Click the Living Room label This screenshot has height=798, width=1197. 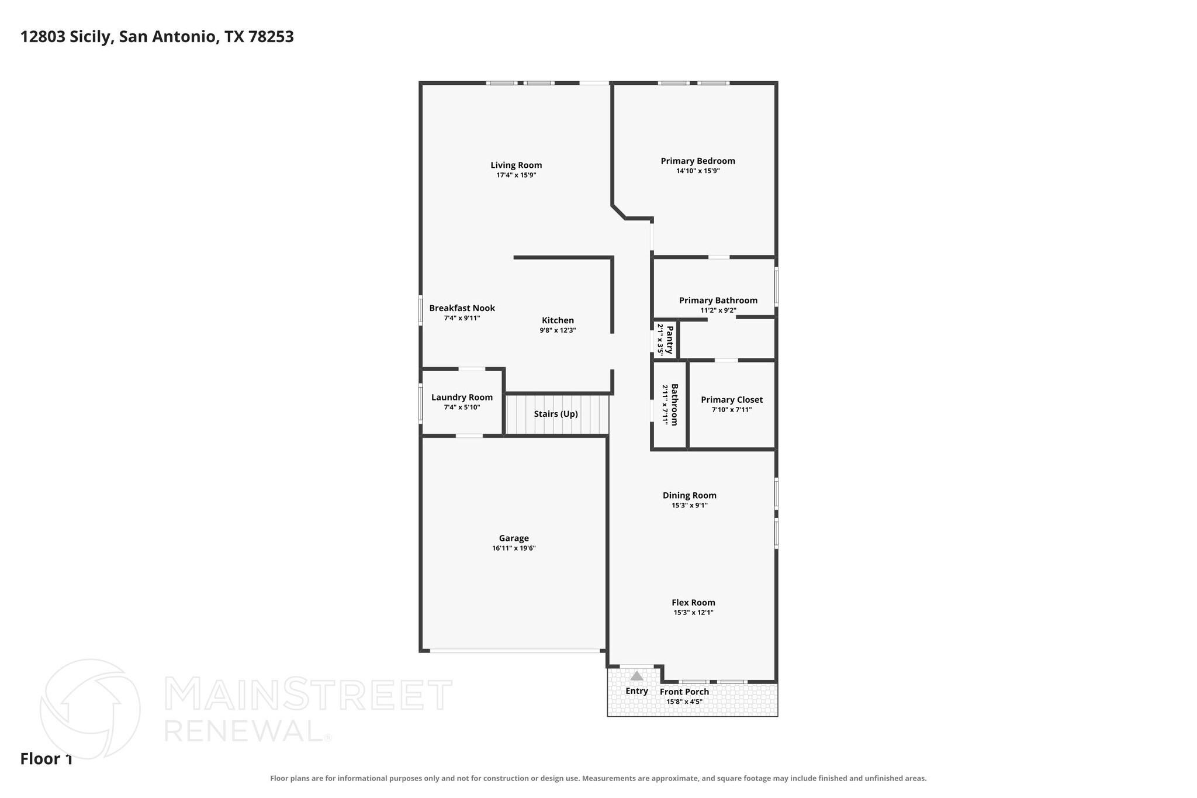516,165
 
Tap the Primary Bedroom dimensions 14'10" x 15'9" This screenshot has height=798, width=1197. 698,171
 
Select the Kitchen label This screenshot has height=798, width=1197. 558,320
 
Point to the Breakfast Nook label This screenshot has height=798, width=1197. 462,308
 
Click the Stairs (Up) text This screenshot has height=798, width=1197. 556,414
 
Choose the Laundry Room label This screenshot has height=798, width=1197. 462,398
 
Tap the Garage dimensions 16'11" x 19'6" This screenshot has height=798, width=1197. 514,548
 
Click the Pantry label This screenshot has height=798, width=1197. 670,340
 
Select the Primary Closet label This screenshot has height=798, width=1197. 732,400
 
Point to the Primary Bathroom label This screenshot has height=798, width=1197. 718,300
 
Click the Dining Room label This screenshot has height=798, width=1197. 690,495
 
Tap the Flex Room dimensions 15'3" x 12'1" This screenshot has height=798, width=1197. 694,613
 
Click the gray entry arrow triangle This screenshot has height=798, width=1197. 636,676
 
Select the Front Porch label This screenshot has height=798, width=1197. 684,692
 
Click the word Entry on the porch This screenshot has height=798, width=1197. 636,691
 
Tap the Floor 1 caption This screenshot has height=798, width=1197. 46,759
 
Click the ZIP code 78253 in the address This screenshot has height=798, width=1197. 271,37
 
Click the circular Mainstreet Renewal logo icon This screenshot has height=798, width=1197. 90,709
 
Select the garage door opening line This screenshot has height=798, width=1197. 515,650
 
